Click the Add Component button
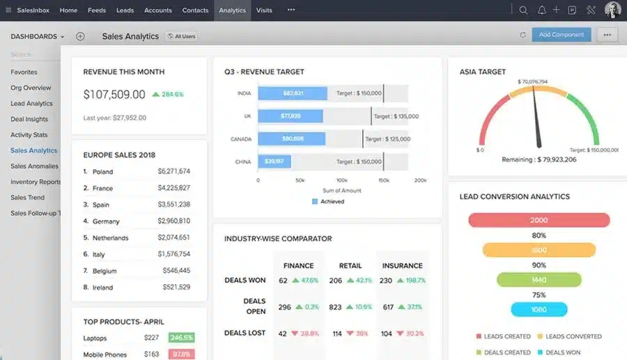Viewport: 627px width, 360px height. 561,34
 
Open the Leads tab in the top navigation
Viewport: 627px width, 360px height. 125,10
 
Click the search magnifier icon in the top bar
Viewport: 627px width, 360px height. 523,10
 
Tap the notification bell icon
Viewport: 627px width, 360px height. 541,10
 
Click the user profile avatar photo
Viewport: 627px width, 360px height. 612,10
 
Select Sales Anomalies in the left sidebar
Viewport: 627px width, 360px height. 34,166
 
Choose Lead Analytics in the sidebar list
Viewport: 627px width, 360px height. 31,104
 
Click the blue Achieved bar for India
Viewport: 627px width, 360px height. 293,93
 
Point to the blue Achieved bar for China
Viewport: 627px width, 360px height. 274,162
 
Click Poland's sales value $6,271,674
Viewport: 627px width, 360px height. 173,171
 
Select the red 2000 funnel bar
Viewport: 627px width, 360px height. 539,220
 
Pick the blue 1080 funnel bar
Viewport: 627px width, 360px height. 539,309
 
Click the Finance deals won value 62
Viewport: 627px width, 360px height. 283,281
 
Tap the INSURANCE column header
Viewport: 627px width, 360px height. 402,265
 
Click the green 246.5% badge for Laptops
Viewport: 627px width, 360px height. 181,338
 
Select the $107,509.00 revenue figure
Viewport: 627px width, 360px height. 114,95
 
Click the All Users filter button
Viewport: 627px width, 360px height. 181,36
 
